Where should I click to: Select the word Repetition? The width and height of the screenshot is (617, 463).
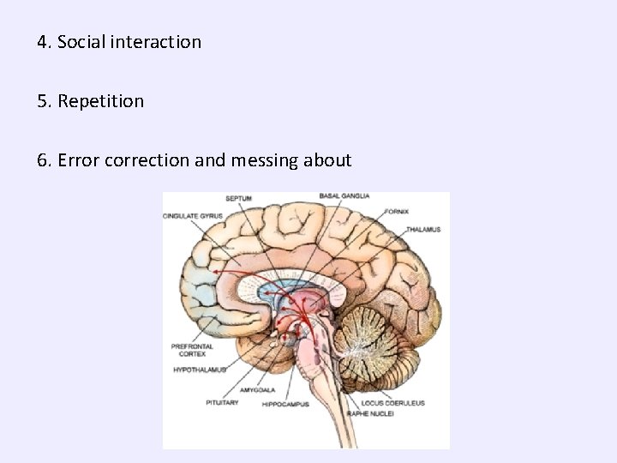point(101,101)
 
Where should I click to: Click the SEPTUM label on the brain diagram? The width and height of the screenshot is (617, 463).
point(238,198)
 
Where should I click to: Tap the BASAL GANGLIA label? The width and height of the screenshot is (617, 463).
point(343,195)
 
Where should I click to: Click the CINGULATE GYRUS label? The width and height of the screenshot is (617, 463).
point(192,215)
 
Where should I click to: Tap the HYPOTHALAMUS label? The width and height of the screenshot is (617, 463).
point(199,370)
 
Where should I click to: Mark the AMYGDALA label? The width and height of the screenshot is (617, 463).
point(258,388)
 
